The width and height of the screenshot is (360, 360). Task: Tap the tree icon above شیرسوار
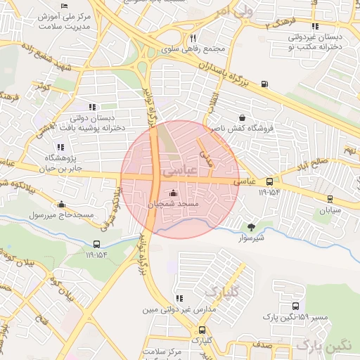click(250, 226)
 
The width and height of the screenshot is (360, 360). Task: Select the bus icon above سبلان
click(330, 200)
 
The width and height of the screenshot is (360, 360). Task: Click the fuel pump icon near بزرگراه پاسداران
click(264, 84)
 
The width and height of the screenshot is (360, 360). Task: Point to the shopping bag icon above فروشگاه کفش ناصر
click(243, 118)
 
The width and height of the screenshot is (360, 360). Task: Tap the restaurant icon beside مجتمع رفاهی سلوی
click(193, 39)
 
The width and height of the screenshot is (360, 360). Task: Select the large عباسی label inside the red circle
click(176, 171)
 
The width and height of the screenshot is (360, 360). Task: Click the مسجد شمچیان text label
click(174, 204)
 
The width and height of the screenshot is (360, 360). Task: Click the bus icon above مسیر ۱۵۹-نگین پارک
click(295, 307)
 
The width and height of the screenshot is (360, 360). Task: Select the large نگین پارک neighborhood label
click(323, 345)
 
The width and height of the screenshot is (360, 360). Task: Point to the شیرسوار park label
click(250, 237)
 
